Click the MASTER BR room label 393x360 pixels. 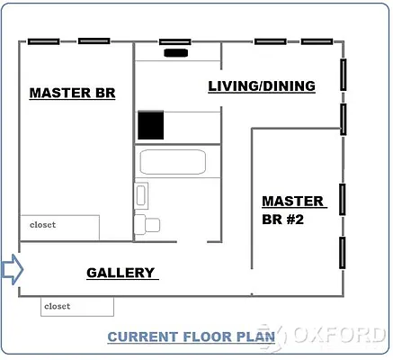(x=72, y=93)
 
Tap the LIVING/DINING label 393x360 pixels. (x=261, y=86)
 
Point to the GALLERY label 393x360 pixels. (x=121, y=273)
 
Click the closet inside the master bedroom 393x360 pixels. (x=59, y=228)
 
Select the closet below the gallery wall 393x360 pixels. (x=77, y=307)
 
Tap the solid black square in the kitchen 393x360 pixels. (x=151, y=126)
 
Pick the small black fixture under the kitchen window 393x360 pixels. (x=176, y=52)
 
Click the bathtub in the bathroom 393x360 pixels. (x=173, y=162)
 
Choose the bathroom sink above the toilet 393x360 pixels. (x=141, y=195)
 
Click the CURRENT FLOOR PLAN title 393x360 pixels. (x=191, y=337)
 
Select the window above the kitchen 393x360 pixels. (x=175, y=41)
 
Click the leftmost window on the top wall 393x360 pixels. (x=44, y=40)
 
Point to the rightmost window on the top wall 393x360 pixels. (x=317, y=40)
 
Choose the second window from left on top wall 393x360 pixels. (x=94, y=40)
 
